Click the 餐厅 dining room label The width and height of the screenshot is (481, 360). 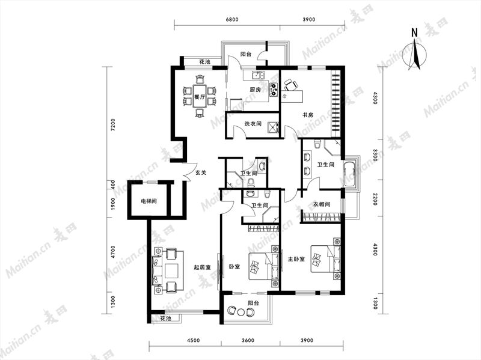pyautogui.click(x=200, y=97)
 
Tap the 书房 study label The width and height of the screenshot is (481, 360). pyautogui.click(x=308, y=115)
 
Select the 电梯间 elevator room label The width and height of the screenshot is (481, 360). pyautogui.click(x=149, y=201)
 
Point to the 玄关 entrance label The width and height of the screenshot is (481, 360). pyautogui.click(x=201, y=172)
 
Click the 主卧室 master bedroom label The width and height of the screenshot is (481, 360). pyautogui.click(x=296, y=259)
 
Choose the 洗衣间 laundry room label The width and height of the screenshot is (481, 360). pyautogui.click(x=253, y=124)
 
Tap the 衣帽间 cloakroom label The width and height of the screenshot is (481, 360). pyautogui.click(x=322, y=204)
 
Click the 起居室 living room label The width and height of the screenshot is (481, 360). pyautogui.click(x=202, y=267)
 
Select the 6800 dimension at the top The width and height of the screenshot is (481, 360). pyautogui.click(x=232, y=20)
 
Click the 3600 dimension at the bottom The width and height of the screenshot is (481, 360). pyautogui.click(x=248, y=340)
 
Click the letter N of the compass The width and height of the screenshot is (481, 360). pyautogui.click(x=414, y=32)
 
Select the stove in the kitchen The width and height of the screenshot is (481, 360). pyautogui.click(x=274, y=89)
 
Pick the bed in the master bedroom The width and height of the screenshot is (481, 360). pyautogui.click(x=326, y=259)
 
